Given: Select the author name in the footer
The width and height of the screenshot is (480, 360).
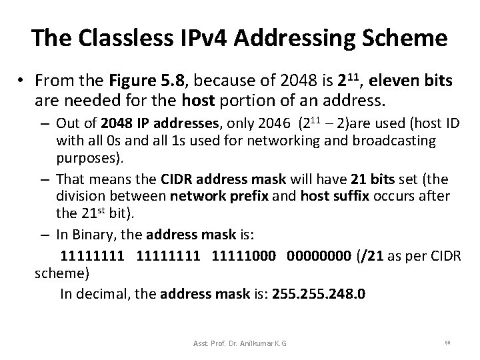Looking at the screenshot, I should coord(239,343).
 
